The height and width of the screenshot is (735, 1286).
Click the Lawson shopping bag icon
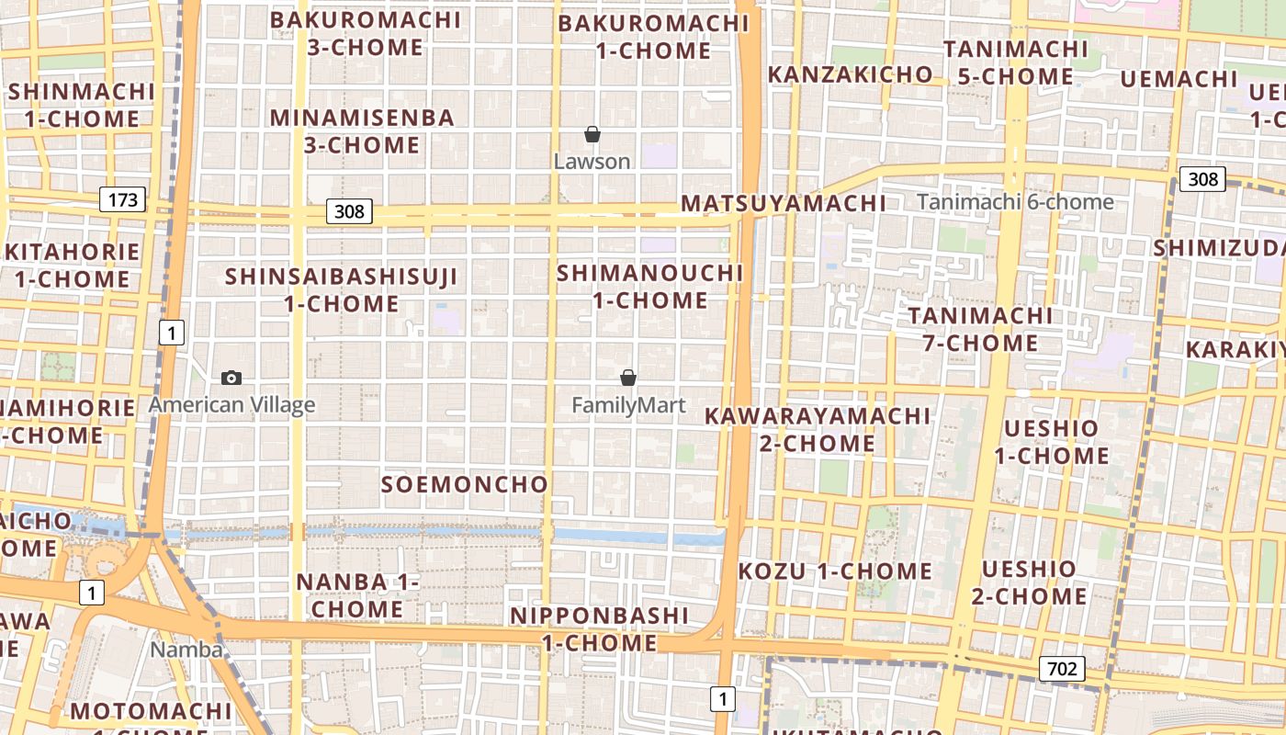[x=592, y=134]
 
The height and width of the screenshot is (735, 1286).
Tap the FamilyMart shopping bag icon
[x=628, y=377]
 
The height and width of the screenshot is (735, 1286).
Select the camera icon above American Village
[x=231, y=378]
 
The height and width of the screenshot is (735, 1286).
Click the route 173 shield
[x=122, y=198]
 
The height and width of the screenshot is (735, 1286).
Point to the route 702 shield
[x=1062, y=668]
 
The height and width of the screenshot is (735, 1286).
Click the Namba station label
[x=186, y=650]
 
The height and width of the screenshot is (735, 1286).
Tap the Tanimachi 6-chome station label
[x=1015, y=202]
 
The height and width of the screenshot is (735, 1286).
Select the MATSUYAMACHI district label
[x=784, y=203]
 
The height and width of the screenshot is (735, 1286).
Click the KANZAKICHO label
[x=851, y=74]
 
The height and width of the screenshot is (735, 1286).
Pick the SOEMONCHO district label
[x=465, y=484]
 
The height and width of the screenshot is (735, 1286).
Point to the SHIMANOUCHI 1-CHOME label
[x=649, y=286]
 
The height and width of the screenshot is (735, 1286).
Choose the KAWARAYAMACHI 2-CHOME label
[x=818, y=429]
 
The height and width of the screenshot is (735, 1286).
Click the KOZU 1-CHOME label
[x=835, y=571]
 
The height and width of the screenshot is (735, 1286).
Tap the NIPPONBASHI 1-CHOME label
[x=600, y=628]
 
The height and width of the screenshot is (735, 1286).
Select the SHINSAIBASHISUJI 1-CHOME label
[x=341, y=289]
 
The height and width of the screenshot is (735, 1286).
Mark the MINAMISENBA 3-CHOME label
[x=362, y=130]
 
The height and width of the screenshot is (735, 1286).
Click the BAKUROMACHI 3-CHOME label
[x=366, y=33]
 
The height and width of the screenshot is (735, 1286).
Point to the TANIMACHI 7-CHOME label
[x=981, y=329]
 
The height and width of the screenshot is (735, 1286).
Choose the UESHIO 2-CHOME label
[x=1029, y=582]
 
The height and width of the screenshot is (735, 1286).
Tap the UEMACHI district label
[x=1179, y=79]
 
